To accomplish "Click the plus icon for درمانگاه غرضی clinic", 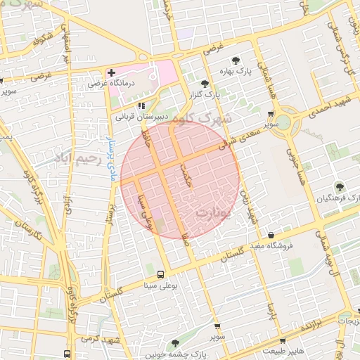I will (x=111, y=73).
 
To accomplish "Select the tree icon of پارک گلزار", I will (x=205, y=83).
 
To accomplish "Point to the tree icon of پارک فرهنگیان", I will (x=340, y=186).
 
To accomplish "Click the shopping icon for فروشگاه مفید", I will (x=271, y=235).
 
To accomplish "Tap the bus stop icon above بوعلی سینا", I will (x=161, y=274).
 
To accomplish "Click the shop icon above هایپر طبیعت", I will (x=283, y=341).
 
